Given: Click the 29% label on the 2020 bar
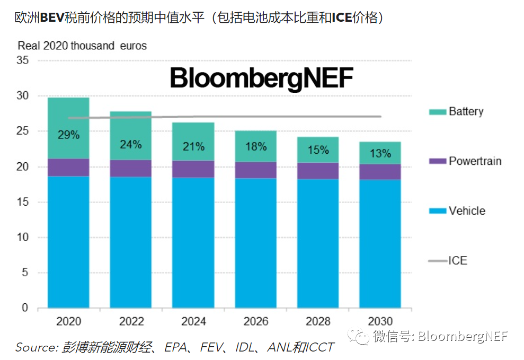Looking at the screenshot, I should coord(68,135).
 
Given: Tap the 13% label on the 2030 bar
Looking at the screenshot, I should coord(380,154).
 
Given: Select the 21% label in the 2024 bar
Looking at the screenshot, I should coord(193,146).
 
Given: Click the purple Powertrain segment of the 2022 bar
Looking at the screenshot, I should coord(131,168).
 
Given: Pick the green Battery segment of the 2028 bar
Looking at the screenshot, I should coord(318,150).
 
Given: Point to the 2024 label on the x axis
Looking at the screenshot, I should coord(193,321).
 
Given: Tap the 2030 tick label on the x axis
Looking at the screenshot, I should coord(380,321).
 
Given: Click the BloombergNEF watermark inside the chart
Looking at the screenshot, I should coord(261,78).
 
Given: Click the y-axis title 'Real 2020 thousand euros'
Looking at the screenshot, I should coord(82,46).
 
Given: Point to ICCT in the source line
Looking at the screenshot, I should coord(320,347).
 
